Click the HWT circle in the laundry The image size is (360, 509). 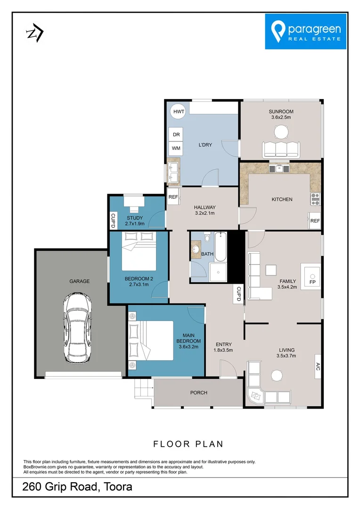pos(178,111)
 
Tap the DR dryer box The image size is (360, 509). pos(176,134)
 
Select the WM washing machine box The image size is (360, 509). pos(176,148)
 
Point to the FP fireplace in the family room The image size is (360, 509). pos(312,276)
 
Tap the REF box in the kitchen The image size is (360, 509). pos(315,221)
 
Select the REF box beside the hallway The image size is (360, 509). pos(173,197)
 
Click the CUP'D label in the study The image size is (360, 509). pos(113,220)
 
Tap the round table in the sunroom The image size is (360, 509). pos(281,131)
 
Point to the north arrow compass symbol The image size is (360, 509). pos(35,33)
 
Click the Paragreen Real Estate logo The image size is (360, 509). pos(306,31)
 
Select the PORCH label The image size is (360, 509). pos(198,393)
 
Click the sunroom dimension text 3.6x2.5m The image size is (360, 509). pos(281,117)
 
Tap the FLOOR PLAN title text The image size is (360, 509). pos(188,444)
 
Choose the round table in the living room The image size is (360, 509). pos(276,375)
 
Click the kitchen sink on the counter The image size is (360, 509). pos(279,167)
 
